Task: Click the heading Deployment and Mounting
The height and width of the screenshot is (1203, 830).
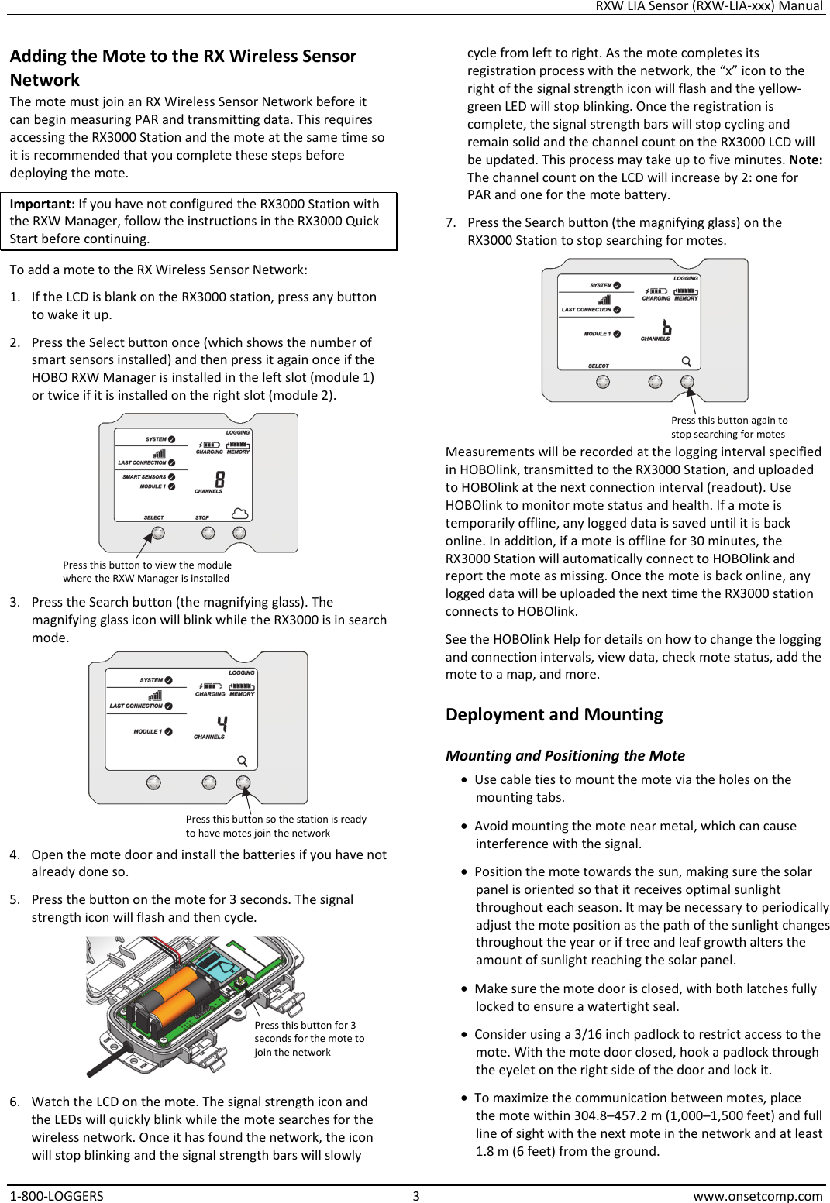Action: point(553,714)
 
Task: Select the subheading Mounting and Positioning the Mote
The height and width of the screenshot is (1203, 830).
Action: point(565,755)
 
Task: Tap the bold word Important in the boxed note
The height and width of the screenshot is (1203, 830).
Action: point(42,204)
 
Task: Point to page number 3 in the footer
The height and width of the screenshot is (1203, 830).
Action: point(415,1195)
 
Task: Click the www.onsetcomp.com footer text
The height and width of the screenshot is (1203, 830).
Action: point(757,1195)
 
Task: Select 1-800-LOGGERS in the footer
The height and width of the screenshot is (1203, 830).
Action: point(57,1195)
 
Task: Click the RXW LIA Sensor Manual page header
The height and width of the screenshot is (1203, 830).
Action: point(708,6)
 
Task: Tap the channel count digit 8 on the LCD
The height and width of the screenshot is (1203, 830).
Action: point(220,479)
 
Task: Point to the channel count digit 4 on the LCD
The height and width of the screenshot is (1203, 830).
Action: point(222,724)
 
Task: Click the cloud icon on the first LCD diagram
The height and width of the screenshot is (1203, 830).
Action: point(240,514)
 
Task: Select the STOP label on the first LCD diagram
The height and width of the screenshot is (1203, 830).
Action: point(202,517)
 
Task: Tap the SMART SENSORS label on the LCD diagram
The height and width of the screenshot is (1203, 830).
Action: point(144,477)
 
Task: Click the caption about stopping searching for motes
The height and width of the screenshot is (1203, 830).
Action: point(728,427)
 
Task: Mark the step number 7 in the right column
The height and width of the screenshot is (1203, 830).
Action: point(450,223)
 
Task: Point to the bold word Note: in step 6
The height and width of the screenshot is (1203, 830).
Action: point(805,160)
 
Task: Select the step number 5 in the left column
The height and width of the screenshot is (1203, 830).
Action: point(15,899)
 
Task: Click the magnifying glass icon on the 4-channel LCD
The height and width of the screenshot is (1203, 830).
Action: point(243,761)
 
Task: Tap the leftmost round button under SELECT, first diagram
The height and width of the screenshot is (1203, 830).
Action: point(158,533)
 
